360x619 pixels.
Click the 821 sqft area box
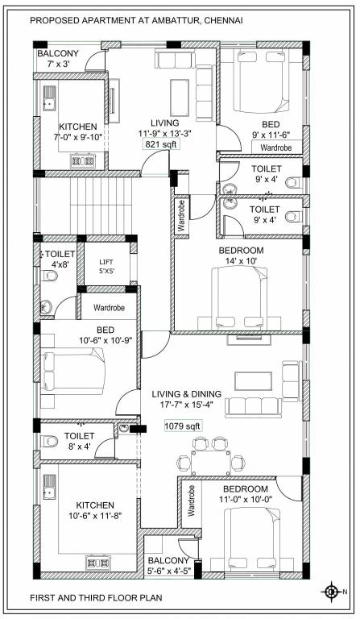click(x=162, y=144)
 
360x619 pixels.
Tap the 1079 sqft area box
click(x=182, y=426)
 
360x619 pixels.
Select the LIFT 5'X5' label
click(x=106, y=266)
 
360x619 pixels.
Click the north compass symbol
click(x=331, y=592)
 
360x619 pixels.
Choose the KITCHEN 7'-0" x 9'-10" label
click(x=77, y=132)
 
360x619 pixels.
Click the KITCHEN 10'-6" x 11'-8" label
click(x=88, y=510)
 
